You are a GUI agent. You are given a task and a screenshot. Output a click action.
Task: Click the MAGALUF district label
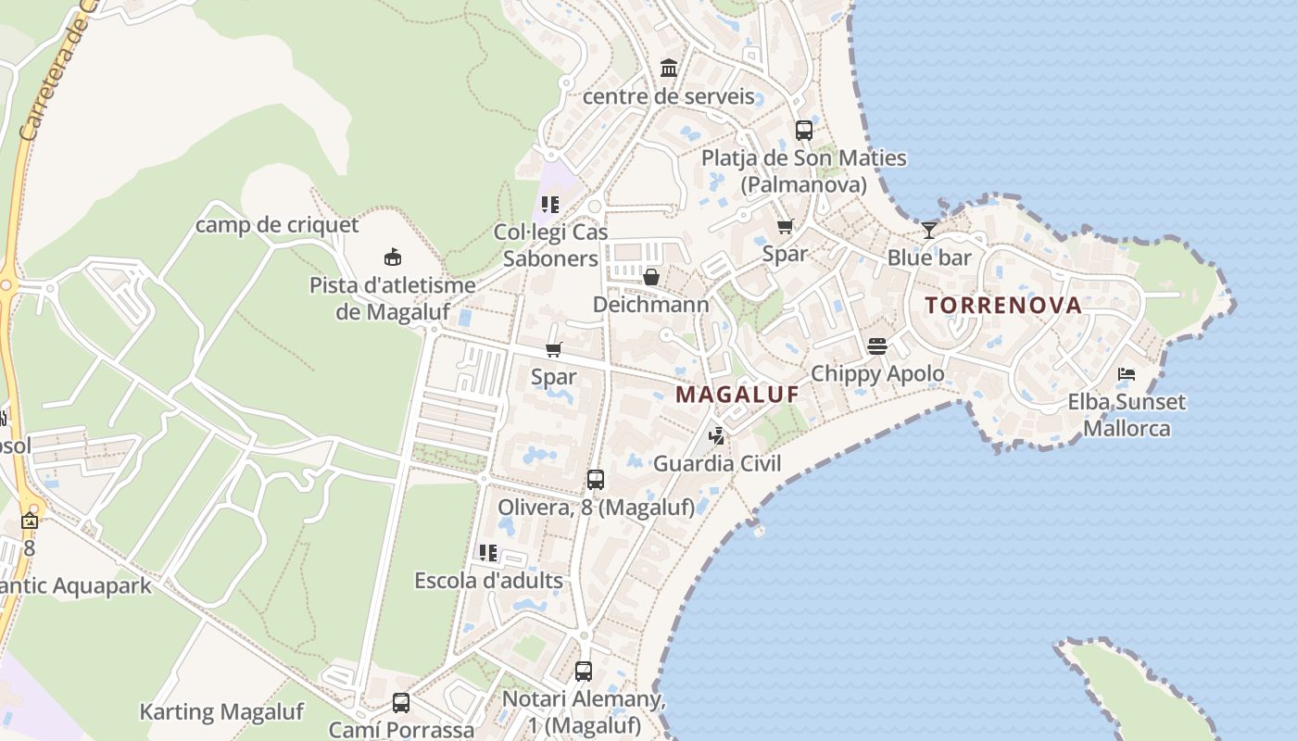(737, 395)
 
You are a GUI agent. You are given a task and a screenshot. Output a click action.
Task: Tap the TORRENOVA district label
(1002, 305)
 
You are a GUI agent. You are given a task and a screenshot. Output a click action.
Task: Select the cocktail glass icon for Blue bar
(929, 230)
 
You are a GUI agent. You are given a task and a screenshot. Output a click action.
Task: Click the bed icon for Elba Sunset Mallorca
(1127, 374)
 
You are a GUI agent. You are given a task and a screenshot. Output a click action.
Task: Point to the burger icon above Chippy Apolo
(877, 346)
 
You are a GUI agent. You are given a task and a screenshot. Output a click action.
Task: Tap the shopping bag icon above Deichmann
(651, 277)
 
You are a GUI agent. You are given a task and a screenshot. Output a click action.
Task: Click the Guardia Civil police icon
(717, 435)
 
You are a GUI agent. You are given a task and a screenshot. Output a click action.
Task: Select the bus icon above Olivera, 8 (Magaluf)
(596, 480)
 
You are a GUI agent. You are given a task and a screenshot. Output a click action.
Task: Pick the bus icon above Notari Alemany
(584, 672)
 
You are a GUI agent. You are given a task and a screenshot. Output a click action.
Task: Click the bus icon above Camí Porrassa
(401, 703)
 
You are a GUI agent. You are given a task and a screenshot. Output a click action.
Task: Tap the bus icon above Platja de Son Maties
(804, 131)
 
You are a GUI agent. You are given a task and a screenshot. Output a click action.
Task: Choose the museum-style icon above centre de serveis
(669, 68)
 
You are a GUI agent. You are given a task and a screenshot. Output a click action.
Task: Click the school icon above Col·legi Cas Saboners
(550, 204)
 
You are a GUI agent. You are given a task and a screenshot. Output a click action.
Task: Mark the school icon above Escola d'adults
(488, 553)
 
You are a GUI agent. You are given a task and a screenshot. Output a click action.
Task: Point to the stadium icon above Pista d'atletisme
(393, 257)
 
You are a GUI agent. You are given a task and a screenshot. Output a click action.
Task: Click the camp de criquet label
(277, 224)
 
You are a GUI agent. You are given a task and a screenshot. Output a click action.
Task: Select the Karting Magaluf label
(220, 712)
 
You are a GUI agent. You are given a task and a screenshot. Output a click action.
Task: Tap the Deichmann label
(650, 305)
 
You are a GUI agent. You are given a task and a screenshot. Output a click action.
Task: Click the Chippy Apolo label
(877, 373)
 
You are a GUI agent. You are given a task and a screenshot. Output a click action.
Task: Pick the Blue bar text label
(929, 257)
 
